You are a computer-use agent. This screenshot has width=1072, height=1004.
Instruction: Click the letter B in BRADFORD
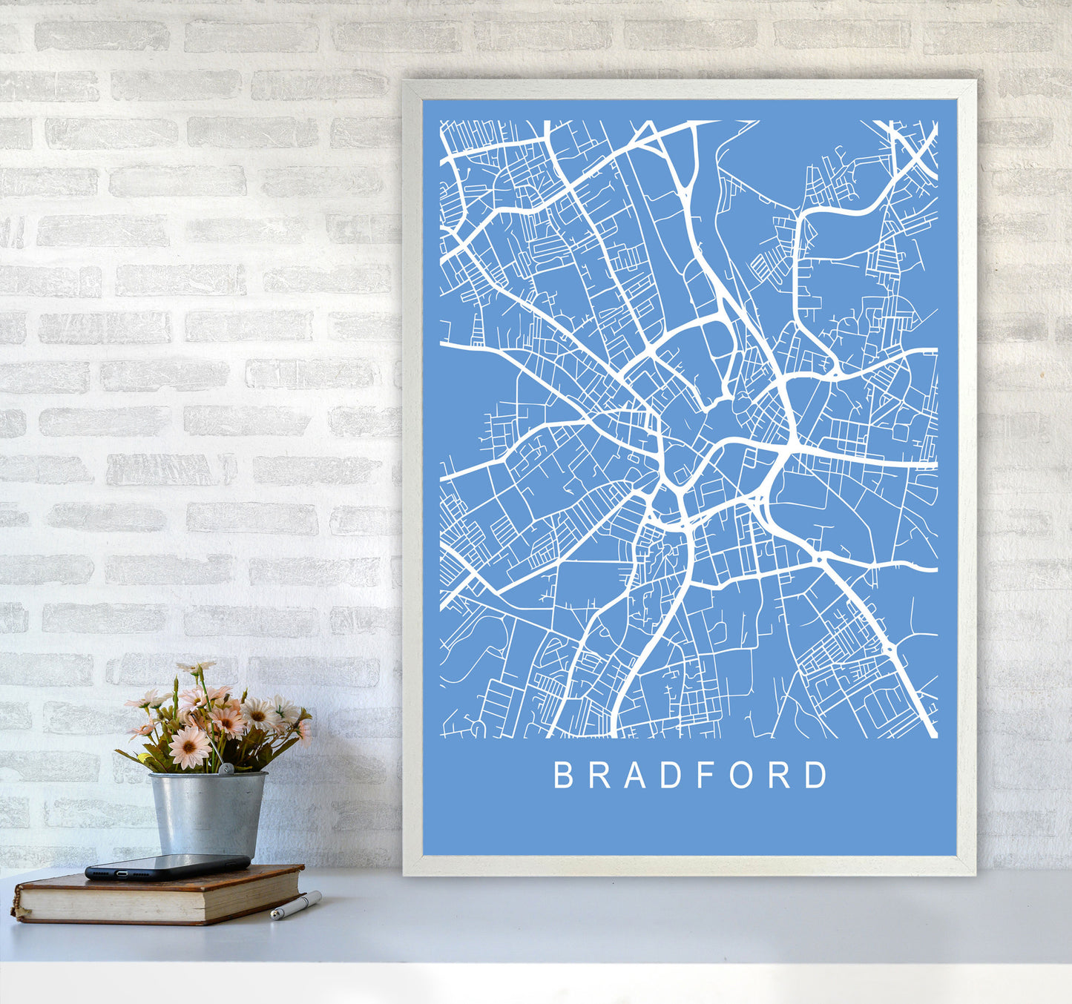[x=562, y=775]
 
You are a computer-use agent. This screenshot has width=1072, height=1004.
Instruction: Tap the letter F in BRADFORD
[x=694, y=775]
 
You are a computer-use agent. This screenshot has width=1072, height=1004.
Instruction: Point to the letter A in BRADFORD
[x=630, y=775]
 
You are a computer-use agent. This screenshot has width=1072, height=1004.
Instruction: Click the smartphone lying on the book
[x=167, y=865]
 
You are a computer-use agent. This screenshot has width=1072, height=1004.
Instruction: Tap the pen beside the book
[x=295, y=905]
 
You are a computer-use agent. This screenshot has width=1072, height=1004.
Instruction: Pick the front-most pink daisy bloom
[x=189, y=746]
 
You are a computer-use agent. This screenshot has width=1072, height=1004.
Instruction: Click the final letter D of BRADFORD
[x=816, y=775]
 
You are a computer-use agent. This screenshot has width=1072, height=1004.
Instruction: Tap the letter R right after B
[x=596, y=775]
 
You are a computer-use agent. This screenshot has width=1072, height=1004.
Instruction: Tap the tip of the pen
[x=274, y=917]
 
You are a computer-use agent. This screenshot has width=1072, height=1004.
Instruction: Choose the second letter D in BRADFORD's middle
[x=662, y=775]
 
